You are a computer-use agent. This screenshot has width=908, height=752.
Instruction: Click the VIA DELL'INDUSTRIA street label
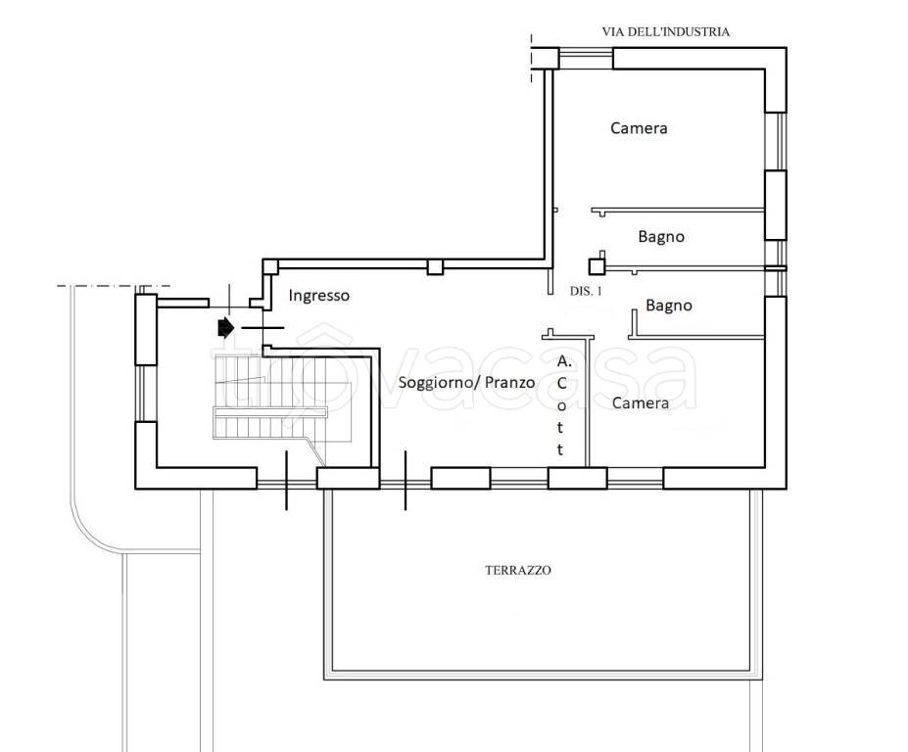click(665, 32)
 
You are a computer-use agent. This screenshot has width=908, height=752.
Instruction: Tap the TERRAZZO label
click(518, 570)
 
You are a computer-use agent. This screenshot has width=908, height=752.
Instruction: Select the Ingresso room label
click(319, 296)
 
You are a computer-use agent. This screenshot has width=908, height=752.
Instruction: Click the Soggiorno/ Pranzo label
click(467, 383)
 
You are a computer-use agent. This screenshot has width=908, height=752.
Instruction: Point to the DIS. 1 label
click(586, 291)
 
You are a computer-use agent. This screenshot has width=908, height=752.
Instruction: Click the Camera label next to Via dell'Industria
click(639, 128)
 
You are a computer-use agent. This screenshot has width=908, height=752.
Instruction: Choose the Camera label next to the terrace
click(641, 402)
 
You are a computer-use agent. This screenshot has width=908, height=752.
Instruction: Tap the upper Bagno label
click(661, 237)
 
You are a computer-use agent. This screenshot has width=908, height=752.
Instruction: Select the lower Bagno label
click(669, 305)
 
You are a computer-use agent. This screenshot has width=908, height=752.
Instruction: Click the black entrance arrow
click(225, 328)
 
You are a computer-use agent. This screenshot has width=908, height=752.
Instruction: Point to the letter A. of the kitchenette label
click(564, 362)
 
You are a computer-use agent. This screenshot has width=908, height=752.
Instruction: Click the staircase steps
click(270, 398)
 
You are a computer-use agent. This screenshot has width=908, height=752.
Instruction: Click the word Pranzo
click(510, 383)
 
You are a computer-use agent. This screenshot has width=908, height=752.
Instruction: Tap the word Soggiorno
click(436, 383)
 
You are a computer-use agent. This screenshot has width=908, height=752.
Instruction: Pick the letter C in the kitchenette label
click(561, 383)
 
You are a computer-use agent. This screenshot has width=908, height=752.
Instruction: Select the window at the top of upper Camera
click(586, 58)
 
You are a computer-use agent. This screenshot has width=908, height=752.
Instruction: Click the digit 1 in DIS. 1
click(598, 291)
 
